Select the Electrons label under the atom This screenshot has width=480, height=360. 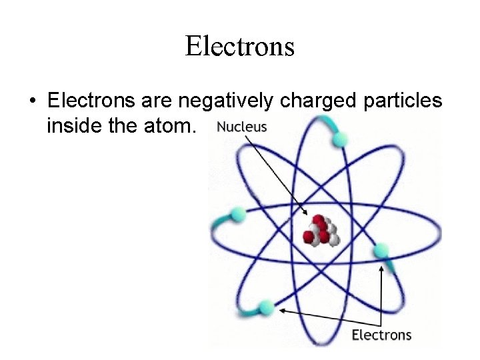click(381, 334)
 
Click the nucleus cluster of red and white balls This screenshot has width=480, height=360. click(321, 230)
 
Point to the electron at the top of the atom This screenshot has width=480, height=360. click(340, 139)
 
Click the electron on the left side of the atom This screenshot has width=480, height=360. click(237, 215)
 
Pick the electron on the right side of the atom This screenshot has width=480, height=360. click(381, 251)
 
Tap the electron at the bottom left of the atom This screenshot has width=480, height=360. click(266, 307)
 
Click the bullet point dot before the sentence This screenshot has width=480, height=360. click(31, 102)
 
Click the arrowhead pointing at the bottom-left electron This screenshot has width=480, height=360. click(281, 309)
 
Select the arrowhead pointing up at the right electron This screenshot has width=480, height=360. click(382, 265)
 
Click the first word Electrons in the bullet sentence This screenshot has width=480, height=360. click(91, 101)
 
